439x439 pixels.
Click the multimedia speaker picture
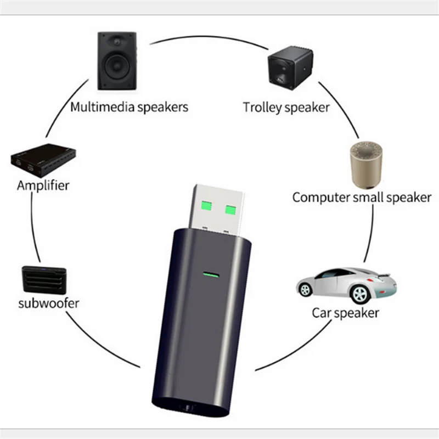click(x=117, y=61)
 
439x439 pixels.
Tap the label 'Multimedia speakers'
click(x=129, y=106)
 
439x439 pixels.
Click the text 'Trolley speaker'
click(x=286, y=108)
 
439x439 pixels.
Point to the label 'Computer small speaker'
click(x=362, y=197)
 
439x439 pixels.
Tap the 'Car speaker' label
click(x=345, y=313)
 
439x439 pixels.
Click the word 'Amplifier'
click(x=43, y=185)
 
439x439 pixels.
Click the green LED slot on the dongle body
click(x=209, y=273)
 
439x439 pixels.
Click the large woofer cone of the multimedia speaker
click(x=117, y=69)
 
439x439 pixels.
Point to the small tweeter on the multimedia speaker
click(x=117, y=43)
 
